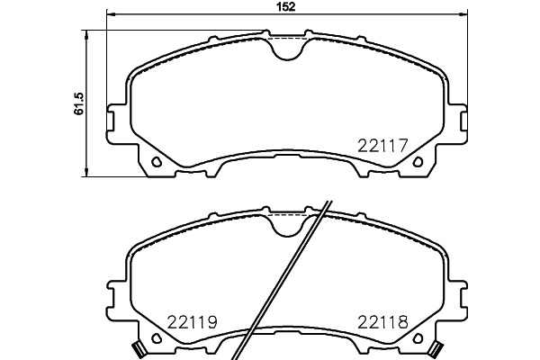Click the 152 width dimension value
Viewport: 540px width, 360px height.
tap(286, 7)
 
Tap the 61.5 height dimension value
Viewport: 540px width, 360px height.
tap(79, 103)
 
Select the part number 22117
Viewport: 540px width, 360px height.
tap(382, 146)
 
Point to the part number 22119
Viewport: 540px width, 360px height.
tap(193, 322)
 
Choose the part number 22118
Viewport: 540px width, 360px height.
tap(382, 322)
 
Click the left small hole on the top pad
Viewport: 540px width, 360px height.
tap(157, 161)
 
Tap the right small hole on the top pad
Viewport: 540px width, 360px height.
tap(418, 161)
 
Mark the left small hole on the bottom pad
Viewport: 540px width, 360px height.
tap(157, 338)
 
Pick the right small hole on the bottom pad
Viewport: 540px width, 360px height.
tap(418, 338)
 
